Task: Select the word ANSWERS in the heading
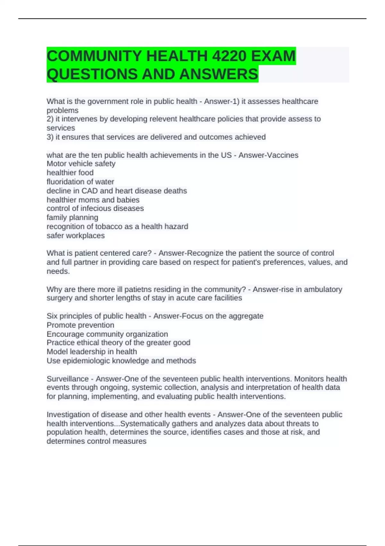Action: tap(219, 74)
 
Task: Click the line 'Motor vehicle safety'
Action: tap(81, 164)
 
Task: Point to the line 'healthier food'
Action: tap(70, 173)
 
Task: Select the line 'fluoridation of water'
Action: tap(80, 182)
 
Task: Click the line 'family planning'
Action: tap(72, 217)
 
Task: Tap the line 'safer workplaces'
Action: tap(75, 235)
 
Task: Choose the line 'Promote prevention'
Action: tap(80, 325)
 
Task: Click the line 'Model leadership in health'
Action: tap(92, 352)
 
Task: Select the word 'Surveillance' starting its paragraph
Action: tap(67, 379)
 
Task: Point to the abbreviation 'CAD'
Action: tap(90, 191)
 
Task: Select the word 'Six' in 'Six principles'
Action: tap(52, 316)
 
